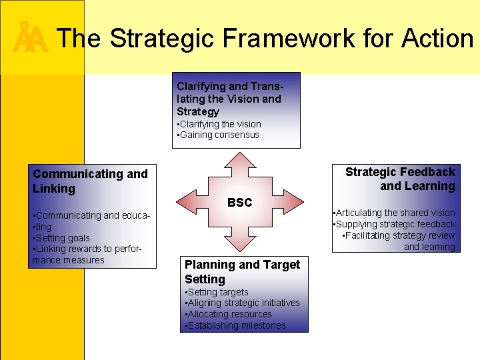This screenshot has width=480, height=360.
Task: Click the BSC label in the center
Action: [x=239, y=203]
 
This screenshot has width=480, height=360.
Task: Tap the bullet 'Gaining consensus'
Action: [x=218, y=135]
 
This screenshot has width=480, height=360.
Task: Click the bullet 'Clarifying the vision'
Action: [x=219, y=124]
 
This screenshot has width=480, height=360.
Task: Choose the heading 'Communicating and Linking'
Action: [x=90, y=181]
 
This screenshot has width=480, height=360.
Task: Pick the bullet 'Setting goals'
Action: [x=61, y=238]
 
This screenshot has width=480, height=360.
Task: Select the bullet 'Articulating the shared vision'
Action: [x=395, y=213]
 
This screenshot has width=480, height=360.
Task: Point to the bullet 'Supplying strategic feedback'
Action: [x=395, y=224]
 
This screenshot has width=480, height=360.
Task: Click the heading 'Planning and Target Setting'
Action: [x=242, y=271]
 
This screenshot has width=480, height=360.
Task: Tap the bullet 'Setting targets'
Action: [x=216, y=292]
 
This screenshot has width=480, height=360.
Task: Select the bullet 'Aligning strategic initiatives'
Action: [x=242, y=303]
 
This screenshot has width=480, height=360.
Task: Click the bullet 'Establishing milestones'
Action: [x=235, y=325]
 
